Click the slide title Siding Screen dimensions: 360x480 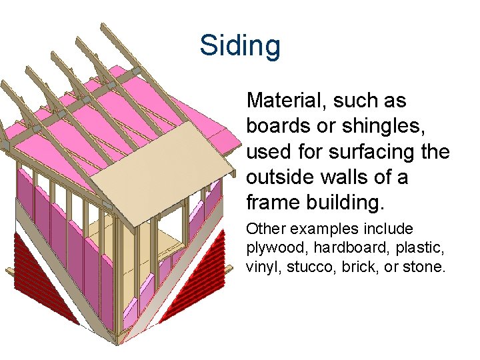pyautogui.click(x=240, y=46)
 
